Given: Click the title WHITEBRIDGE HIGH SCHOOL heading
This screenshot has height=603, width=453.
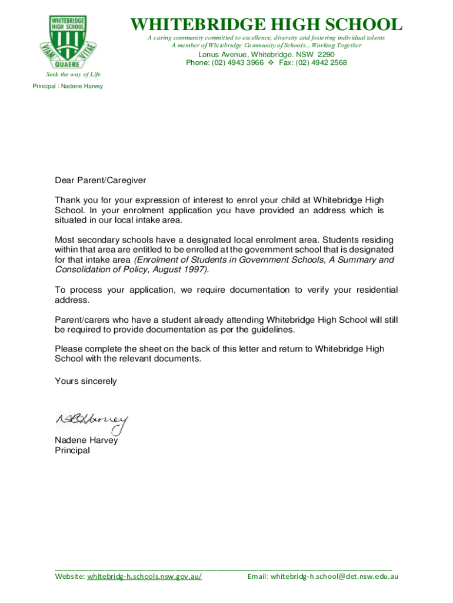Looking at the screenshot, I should (x=266, y=25).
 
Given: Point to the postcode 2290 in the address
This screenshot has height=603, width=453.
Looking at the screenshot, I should (x=325, y=54).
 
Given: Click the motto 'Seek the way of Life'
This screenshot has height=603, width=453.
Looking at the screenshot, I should (x=74, y=74).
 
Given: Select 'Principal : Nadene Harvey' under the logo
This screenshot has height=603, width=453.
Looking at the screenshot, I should (x=68, y=86).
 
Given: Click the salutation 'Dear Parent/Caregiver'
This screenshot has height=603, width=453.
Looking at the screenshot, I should (x=100, y=180).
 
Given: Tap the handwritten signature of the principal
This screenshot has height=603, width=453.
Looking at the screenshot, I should (x=92, y=420).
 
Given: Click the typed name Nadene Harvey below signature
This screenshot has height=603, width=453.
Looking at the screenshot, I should (x=86, y=440).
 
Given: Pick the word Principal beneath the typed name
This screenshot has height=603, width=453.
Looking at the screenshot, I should (x=72, y=450).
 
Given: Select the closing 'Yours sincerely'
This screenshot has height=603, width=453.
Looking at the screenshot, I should (x=85, y=381).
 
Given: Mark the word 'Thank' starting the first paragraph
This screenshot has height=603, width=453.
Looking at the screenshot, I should (x=66, y=200).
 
